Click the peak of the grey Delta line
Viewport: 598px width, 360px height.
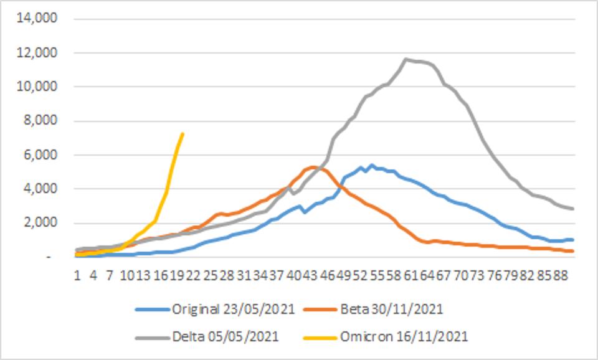(x=406, y=59)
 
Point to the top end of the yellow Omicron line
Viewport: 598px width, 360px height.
(x=182, y=133)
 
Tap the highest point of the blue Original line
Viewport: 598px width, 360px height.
(x=372, y=165)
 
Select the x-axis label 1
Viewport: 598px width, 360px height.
(x=77, y=273)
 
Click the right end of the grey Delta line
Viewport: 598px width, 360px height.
(x=572, y=209)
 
